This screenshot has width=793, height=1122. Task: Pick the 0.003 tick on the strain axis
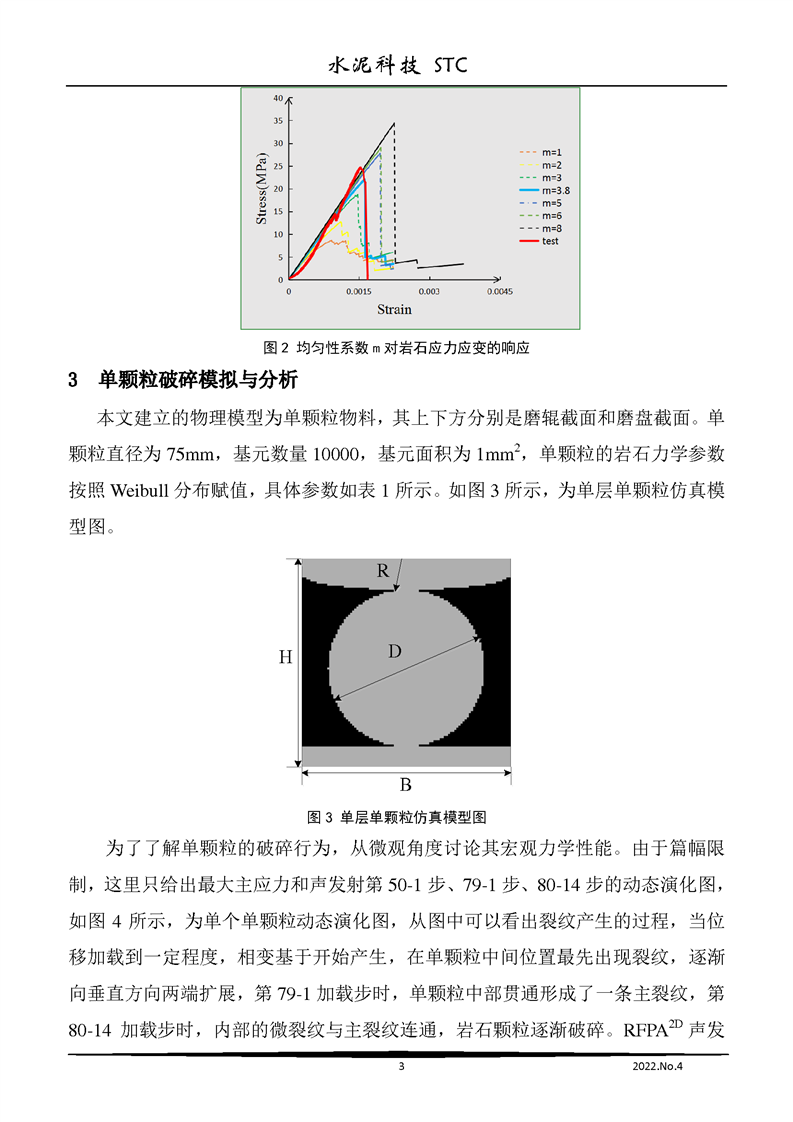click(x=429, y=292)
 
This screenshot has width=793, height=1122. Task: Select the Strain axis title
click(x=394, y=310)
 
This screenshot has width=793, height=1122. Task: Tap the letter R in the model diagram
click(x=383, y=571)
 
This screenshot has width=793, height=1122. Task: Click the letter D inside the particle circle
click(x=395, y=651)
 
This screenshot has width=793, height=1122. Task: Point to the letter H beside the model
click(x=285, y=657)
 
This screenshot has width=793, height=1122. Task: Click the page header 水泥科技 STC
click(x=398, y=66)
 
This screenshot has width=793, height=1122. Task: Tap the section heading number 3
click(x=72, y=381)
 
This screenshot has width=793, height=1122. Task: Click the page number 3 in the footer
click(x=400, y=1067)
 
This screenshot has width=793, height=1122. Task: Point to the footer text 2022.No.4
click(x=664, y=1067)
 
